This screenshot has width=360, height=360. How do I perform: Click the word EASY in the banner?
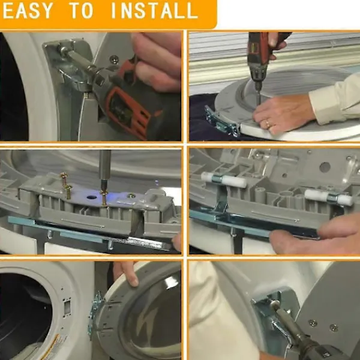click(28, 10)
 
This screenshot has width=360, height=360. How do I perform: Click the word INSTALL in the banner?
click(154, 10)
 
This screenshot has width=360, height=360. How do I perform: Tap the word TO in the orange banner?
click(81, 10)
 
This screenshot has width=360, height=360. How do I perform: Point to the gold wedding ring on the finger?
click(268, 124)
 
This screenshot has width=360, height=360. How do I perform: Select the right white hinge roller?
click(329, 197)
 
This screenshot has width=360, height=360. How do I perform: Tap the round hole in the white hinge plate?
click(92, 197)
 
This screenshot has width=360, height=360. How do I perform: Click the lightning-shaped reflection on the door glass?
click(146, 320)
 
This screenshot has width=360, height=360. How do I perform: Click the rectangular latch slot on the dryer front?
click(67, 307)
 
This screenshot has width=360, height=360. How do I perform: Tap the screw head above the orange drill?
click(114, 59)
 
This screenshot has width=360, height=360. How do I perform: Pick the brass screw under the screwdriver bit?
click(104, 197)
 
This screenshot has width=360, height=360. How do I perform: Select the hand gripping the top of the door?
click(125, 273)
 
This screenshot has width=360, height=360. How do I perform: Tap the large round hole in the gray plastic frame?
click(325, 167)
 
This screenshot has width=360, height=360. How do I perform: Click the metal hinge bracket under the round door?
click(221, 121)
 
